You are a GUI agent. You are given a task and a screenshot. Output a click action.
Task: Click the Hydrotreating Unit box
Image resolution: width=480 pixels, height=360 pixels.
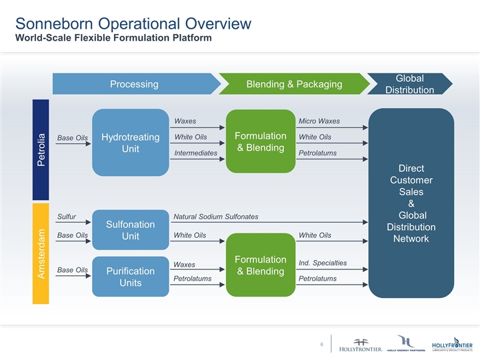point(130,142)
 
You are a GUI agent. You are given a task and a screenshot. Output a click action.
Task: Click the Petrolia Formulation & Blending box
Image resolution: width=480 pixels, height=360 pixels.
point(261,141)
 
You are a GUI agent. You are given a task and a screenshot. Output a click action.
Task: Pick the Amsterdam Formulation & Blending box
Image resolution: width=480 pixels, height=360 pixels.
point(261,265)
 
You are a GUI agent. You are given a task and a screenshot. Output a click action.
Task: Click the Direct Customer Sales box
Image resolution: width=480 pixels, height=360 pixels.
point(411,203)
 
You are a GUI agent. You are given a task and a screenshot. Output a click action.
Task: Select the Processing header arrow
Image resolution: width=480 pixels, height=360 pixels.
point(134,84)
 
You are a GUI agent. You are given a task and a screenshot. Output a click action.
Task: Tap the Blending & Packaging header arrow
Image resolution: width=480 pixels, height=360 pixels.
point(294,84)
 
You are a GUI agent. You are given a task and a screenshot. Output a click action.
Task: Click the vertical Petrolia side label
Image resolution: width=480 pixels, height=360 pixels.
point(41,150)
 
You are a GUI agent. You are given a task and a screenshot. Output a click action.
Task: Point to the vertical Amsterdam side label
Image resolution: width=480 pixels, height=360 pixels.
point(41,253)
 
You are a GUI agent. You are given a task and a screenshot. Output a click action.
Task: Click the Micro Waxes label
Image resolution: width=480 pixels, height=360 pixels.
point(319,121)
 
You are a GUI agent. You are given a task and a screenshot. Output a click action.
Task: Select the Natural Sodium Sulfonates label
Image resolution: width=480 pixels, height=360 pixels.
point(215,217)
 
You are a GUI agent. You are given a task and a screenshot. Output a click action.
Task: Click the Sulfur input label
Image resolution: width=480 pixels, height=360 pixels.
point(67,217)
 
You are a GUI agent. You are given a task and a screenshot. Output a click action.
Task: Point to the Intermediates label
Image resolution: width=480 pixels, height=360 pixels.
point(195,153)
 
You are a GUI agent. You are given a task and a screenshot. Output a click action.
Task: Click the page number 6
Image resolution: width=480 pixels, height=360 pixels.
point(321,344)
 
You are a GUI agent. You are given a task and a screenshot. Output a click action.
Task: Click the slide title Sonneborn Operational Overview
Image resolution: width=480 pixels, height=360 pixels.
point(133,23)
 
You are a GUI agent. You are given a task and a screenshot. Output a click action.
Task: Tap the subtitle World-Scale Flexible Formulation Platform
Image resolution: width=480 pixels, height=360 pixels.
point(113,37)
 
